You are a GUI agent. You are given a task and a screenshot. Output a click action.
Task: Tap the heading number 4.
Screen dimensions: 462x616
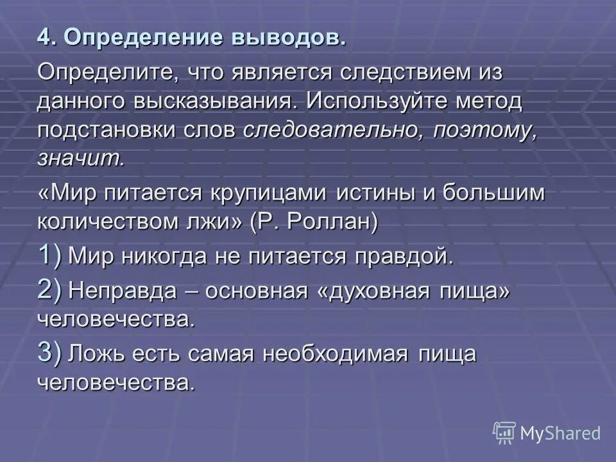43,37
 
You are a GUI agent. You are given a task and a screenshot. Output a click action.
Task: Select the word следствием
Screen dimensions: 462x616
402,72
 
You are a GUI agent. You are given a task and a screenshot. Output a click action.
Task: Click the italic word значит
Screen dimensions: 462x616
80,159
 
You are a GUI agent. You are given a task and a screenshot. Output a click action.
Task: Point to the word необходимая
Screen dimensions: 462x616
345,354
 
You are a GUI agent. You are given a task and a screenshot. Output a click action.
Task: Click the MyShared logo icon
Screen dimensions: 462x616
504,432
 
